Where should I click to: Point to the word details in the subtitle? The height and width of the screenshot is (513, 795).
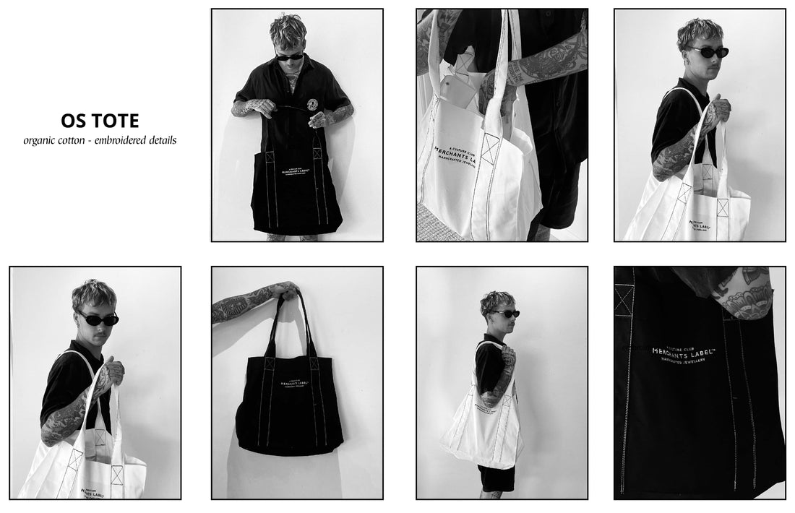coord(163,140)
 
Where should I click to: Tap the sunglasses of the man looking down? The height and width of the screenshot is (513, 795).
coord(290,56)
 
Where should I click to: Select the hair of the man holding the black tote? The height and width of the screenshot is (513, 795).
coord(288,31)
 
